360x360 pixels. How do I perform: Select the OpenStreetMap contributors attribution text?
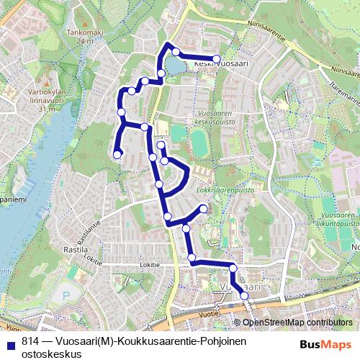(x=297, y=322)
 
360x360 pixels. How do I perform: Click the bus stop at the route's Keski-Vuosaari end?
(x=215, y=58)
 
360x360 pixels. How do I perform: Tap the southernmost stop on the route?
(x=244, y=296)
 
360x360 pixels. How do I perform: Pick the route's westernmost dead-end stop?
(x=117, y=153)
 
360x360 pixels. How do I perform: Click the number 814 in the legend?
(x=30, y=342)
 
